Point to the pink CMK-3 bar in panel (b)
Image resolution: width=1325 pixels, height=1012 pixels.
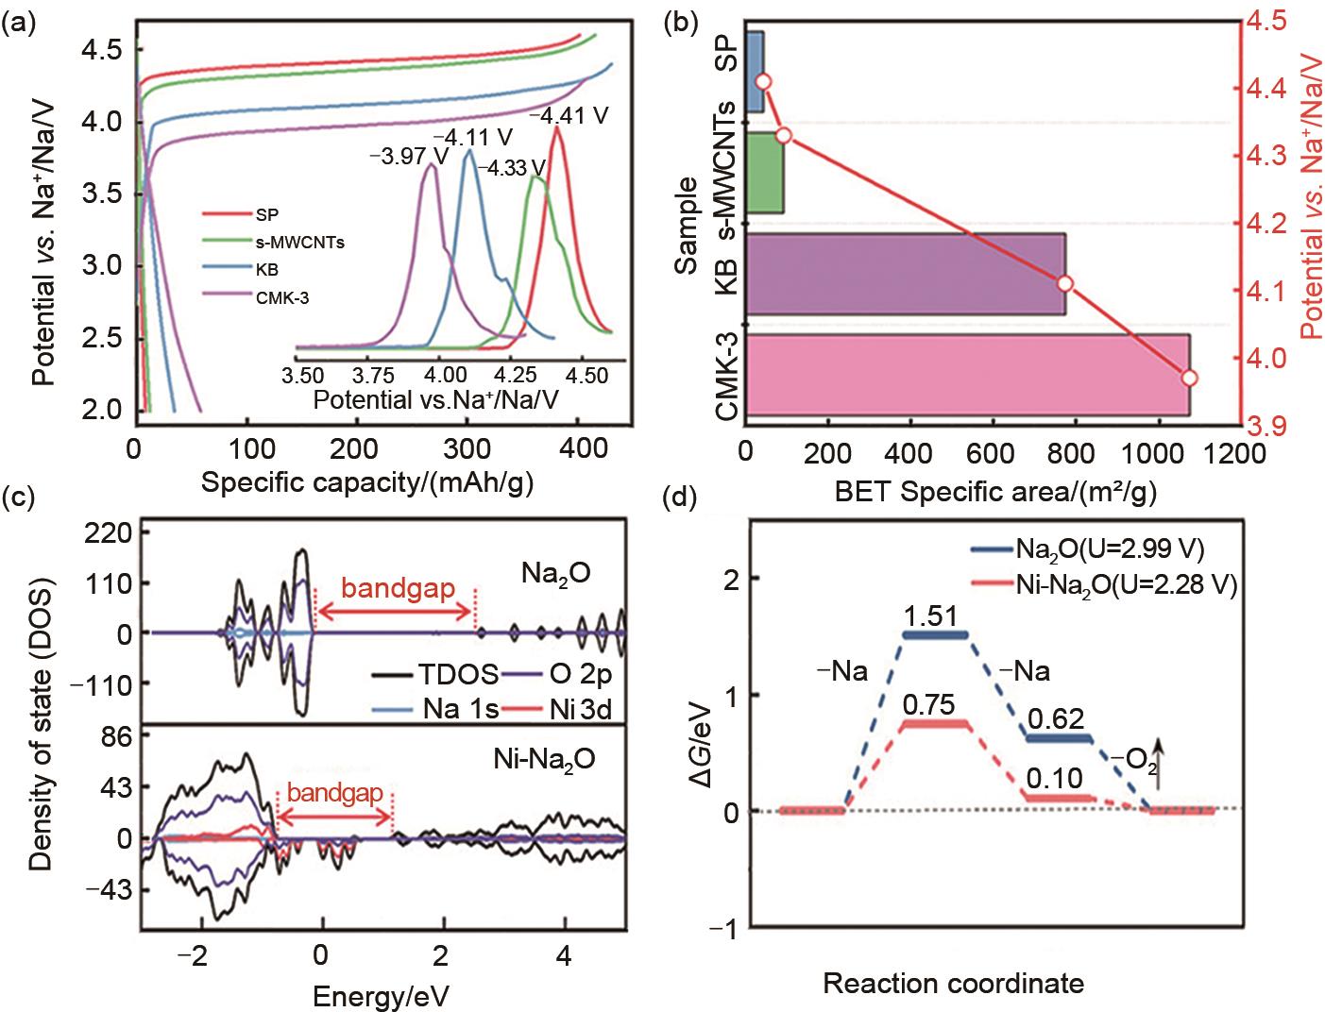(x=967, y=375)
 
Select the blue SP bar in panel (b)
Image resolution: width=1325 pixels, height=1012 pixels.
(x=756, y=72)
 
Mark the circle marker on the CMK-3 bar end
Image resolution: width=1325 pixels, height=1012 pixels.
(x=1190, y=378)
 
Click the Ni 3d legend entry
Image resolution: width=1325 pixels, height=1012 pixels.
(x=582, y=706)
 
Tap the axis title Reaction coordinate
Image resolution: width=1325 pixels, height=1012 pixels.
(x=953, y=984)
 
